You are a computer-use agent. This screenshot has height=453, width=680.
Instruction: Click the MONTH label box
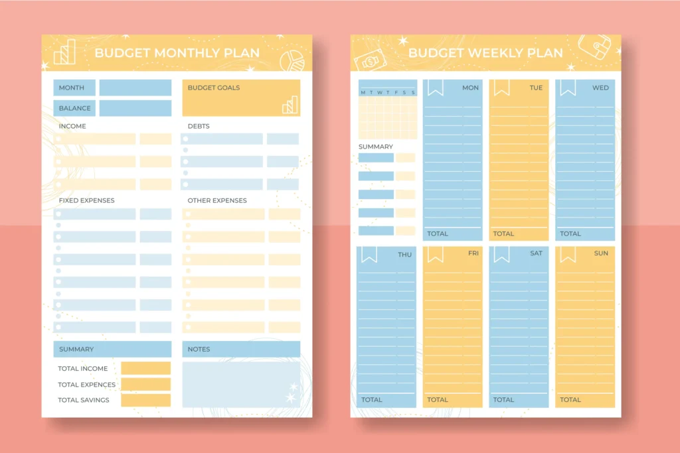pos(74,88)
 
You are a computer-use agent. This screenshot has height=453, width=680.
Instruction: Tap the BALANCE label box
pos(74,108)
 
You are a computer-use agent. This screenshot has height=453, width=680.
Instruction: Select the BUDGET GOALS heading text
pos(213,88)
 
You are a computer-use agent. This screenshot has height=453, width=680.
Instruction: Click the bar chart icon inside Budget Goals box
pos(290,105)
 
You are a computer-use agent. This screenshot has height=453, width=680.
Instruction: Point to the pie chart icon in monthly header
pos(290,61)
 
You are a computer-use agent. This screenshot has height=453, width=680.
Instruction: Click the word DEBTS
pos(198,126)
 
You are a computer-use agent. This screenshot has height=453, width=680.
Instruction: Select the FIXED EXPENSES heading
pos(86,200)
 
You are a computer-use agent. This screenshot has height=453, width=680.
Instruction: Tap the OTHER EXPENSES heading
pos(216,200)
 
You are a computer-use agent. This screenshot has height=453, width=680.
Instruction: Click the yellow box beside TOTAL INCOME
pos(145,368)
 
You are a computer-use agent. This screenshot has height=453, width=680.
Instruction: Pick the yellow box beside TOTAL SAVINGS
pos(145,400)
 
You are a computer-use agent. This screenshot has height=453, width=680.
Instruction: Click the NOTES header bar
pos(241,349)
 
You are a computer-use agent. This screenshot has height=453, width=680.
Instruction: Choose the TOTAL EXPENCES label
pos(86,385)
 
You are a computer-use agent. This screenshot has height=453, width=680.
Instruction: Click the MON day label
pos(470,88)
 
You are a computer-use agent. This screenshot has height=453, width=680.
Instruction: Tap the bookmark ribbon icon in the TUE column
pos(501,87)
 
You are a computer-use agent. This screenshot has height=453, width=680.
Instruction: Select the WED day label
pos(600,88)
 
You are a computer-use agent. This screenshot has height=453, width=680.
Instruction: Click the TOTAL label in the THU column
pos(372,399)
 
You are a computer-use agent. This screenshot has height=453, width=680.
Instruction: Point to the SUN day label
pos(600,253)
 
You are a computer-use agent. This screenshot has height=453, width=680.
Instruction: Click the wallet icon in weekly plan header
pos(594,47)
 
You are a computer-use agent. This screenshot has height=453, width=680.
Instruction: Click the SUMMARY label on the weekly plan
pos(376,147)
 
